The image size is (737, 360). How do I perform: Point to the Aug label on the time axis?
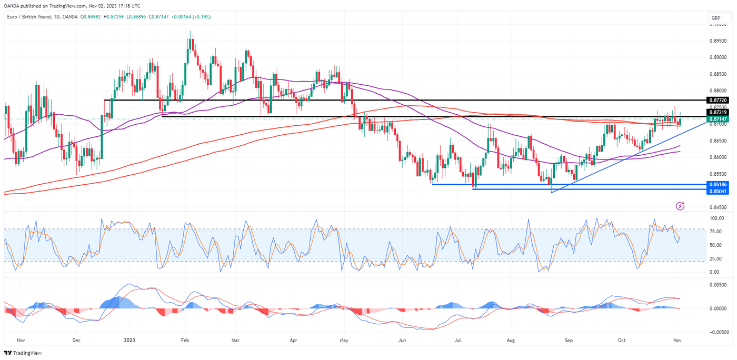(x=510, y=341)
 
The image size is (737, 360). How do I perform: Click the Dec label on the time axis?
(x=76, y=341)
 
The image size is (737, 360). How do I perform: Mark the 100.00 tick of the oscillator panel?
(x=716, y=218)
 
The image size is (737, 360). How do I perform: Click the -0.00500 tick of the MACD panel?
(x=719, y=332)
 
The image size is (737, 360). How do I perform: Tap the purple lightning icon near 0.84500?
(x=681, y=206)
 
